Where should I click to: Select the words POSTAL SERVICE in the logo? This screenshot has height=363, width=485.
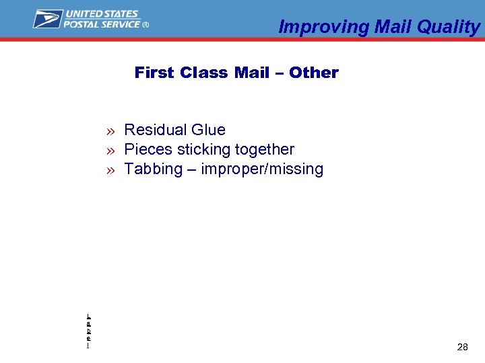pyautogui.click(x=102, y=24)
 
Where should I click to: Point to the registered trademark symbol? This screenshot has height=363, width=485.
pyautogui.click(x=146, y=25)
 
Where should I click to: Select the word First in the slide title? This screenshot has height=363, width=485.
pyautogui.click(x=155, y=73)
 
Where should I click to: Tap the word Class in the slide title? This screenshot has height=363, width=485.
pyautogui.click(x=205, y=73)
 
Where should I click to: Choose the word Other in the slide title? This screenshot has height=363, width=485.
pyautogui.click(x=313, y=73)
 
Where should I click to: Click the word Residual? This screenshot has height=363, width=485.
pyautogui.click(x=156, y=130)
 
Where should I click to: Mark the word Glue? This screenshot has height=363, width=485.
pyautogui.click(x=208, y=130)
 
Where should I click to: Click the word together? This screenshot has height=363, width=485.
pyautogui.click(x=265, y=149)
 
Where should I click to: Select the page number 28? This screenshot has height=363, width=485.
pyautogui.click(x=462, y=347)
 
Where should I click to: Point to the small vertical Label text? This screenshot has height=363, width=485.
pyautogui.click(x=89, y=331)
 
